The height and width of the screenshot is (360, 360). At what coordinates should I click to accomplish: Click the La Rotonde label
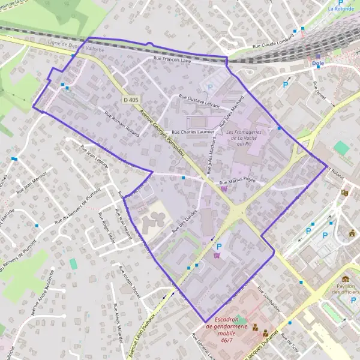tap(341, 9)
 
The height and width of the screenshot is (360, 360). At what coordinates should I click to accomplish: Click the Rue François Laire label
tap(172, 61)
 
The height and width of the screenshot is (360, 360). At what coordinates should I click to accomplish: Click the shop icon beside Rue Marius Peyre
tap(224, 188)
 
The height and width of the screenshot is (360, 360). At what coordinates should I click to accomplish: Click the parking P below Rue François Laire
tap(210, 87)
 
